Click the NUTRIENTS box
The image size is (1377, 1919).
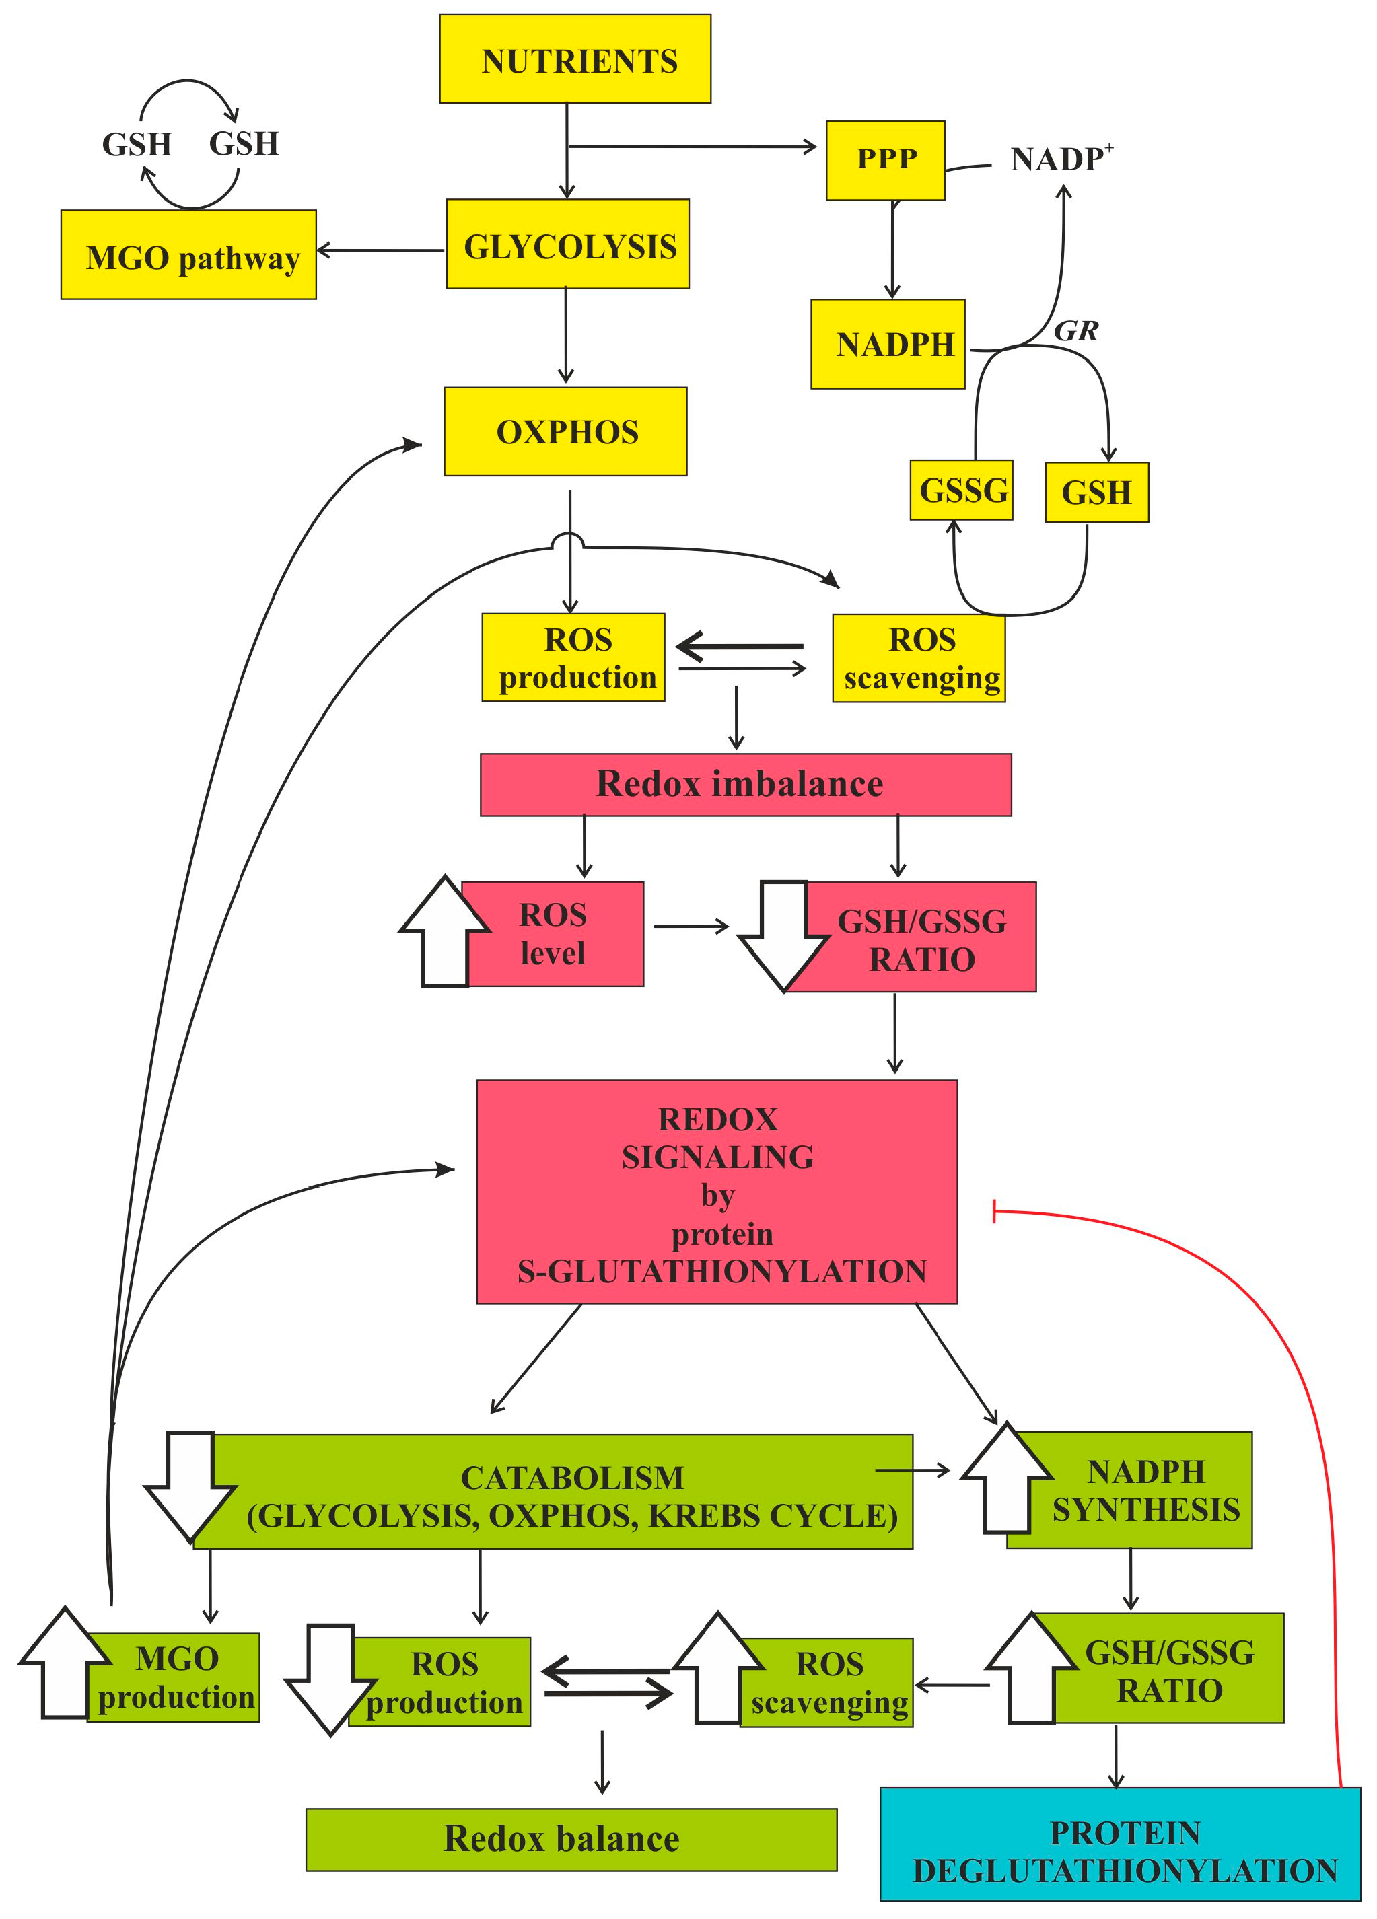(575, 59)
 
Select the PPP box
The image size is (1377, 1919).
(885, 160)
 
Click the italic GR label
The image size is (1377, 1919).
(1075, 331)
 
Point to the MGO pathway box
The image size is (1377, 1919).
(188, 256)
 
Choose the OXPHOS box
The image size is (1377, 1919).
(565, 431)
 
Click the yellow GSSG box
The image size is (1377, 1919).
(962, 490)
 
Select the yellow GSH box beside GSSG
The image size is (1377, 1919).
(1096, 493)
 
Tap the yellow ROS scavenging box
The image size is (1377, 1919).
(919, 658)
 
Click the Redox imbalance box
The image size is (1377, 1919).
(745, 785)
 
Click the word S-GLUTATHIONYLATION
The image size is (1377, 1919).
(721, 1272)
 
